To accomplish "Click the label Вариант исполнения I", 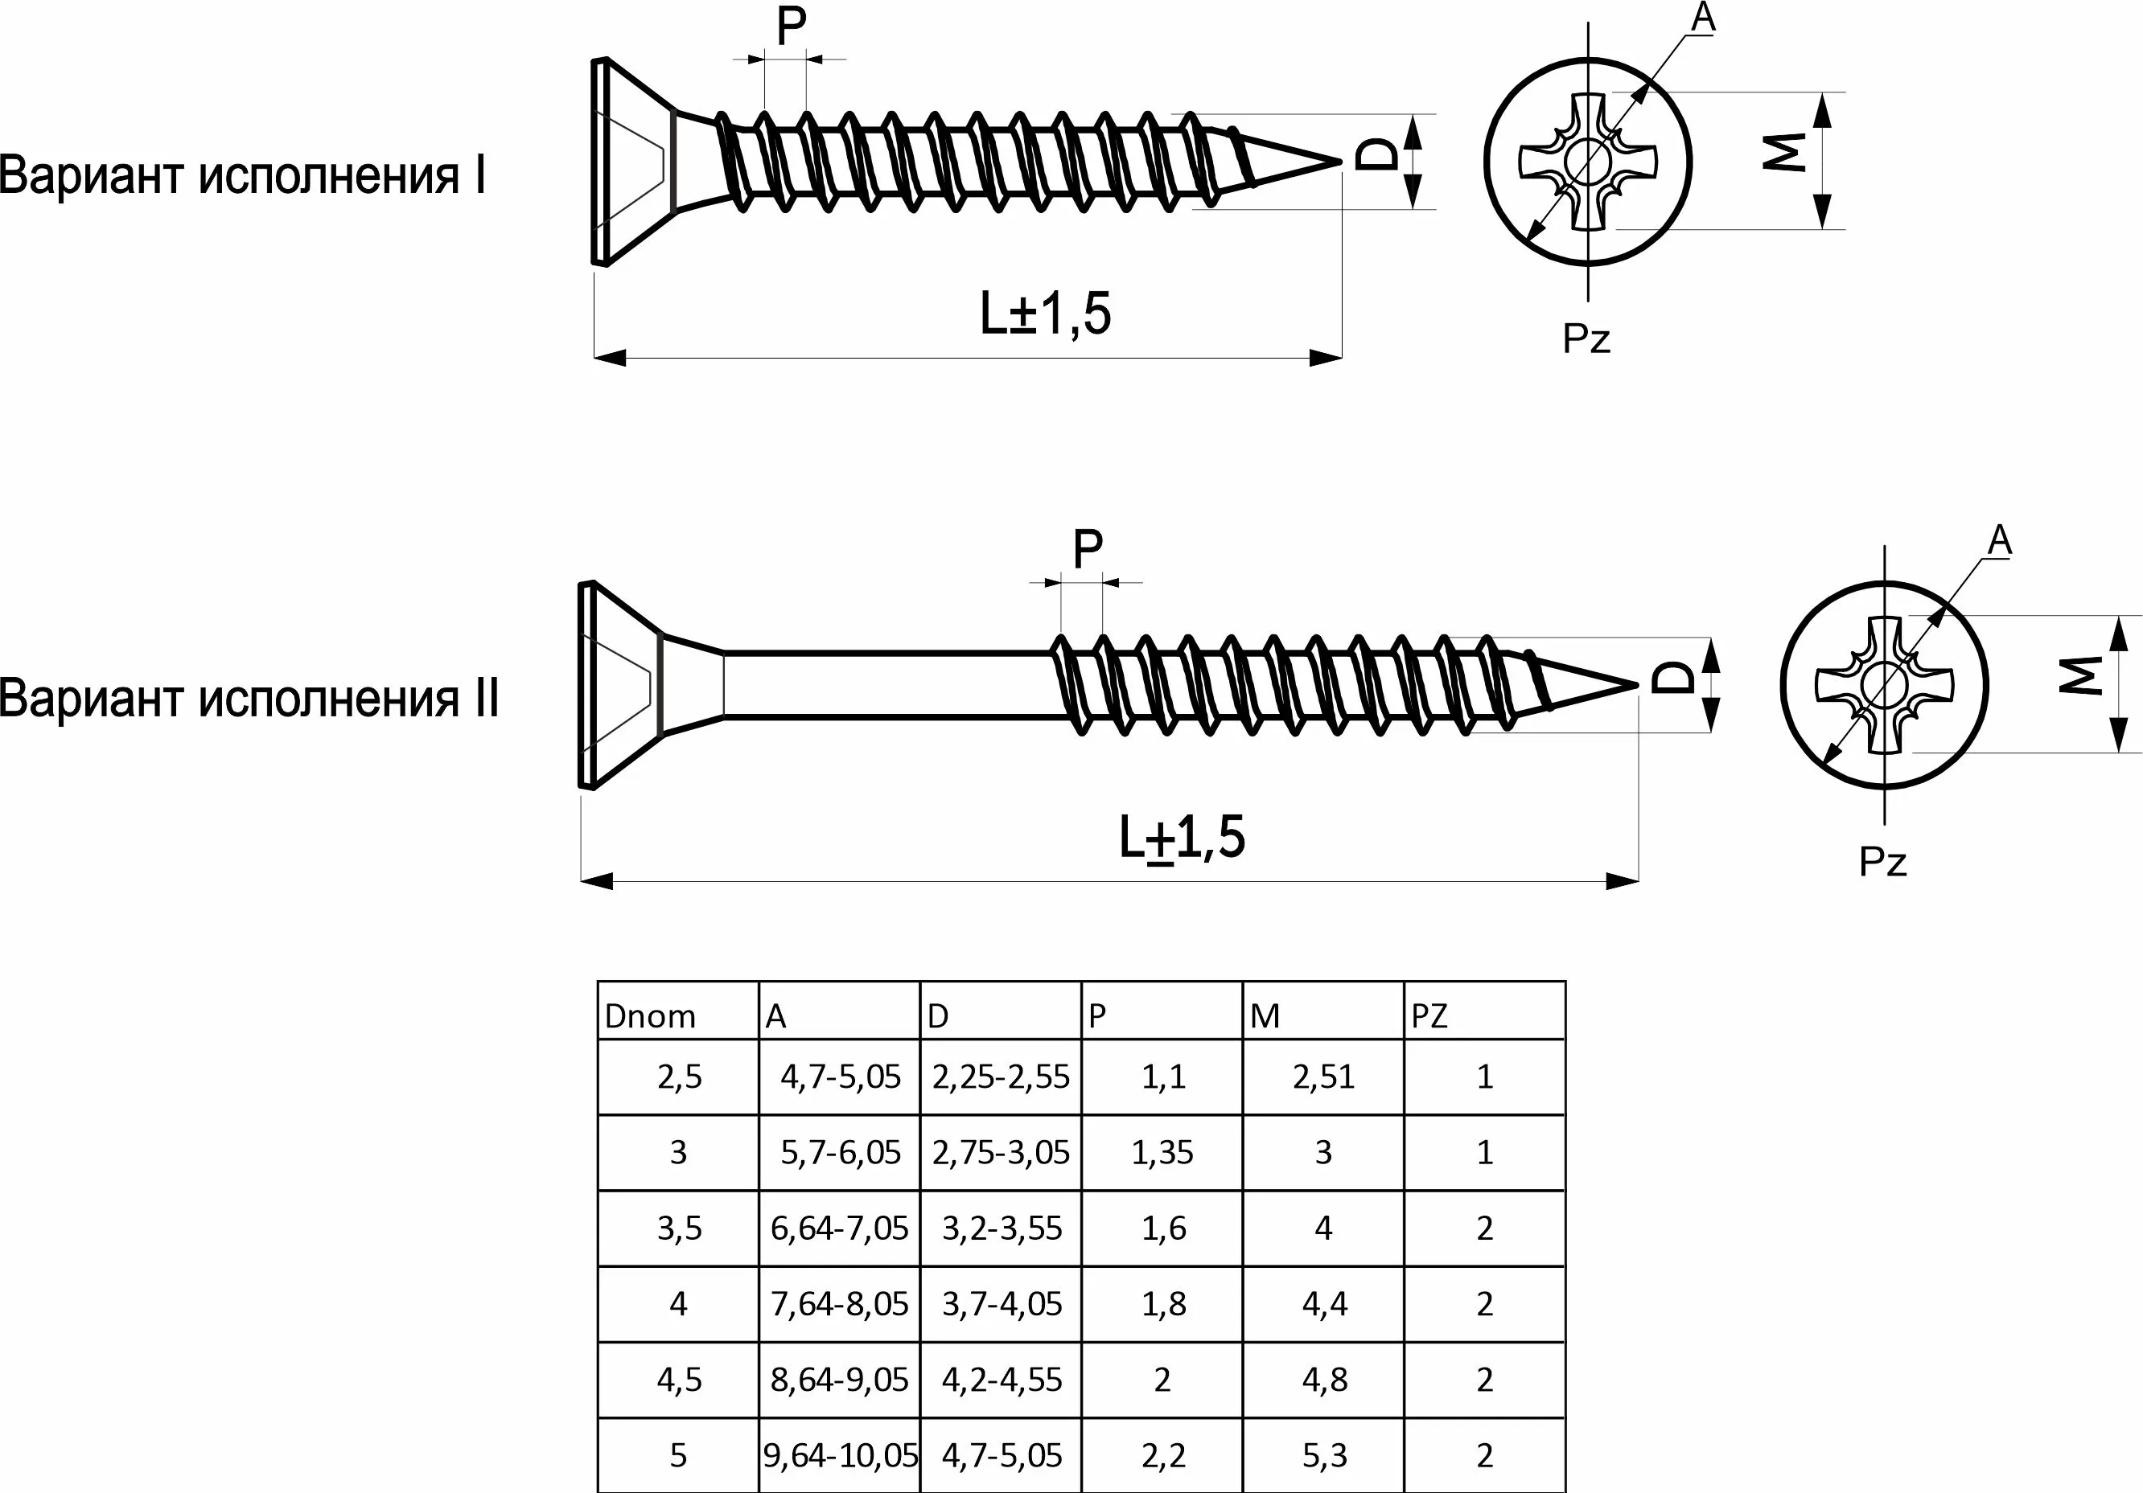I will (x=242, y=175).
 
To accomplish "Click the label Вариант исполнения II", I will (x=249, y=698).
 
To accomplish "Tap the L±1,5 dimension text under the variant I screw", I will (x=1046, y=314).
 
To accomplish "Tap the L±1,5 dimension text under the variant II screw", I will (x=1182, y=837).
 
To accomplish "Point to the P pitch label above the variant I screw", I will (x=791, y=28).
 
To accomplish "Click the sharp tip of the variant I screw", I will (x=1337, y=162).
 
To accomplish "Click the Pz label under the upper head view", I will (x=1586, y=338).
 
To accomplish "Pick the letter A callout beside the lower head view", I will (x=1999, y=540).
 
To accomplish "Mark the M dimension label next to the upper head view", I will (x=1783, y=152).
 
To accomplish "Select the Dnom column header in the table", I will (x=651, y=1016).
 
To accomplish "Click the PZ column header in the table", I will (x=1429, y=1016).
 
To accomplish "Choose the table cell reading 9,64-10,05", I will (x=840, y=1454).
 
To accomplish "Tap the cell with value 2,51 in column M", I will (x=1323, y=1077).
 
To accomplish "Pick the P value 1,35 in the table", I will (x=1162, y=1152).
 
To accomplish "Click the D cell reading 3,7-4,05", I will (x=1002, y=1303).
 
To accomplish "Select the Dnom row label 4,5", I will (x=679, y=1379).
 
